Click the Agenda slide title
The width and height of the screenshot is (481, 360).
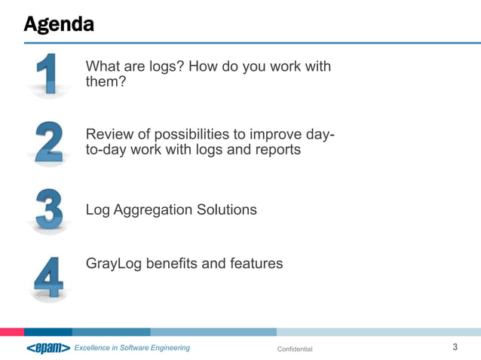59,24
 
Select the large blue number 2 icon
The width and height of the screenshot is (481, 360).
49,142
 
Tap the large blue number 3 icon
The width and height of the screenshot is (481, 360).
49,210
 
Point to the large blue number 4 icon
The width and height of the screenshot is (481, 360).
49,278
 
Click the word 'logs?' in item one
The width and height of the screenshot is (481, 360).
164,66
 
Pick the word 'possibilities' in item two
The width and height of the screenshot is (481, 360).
191,134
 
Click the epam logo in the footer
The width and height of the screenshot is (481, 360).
47,348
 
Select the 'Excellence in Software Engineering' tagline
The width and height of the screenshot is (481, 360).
132,348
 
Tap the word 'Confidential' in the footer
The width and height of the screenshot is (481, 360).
295,349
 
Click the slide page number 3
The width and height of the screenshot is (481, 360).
455,347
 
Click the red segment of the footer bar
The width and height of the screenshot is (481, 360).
12,331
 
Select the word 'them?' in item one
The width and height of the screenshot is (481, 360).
106,82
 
